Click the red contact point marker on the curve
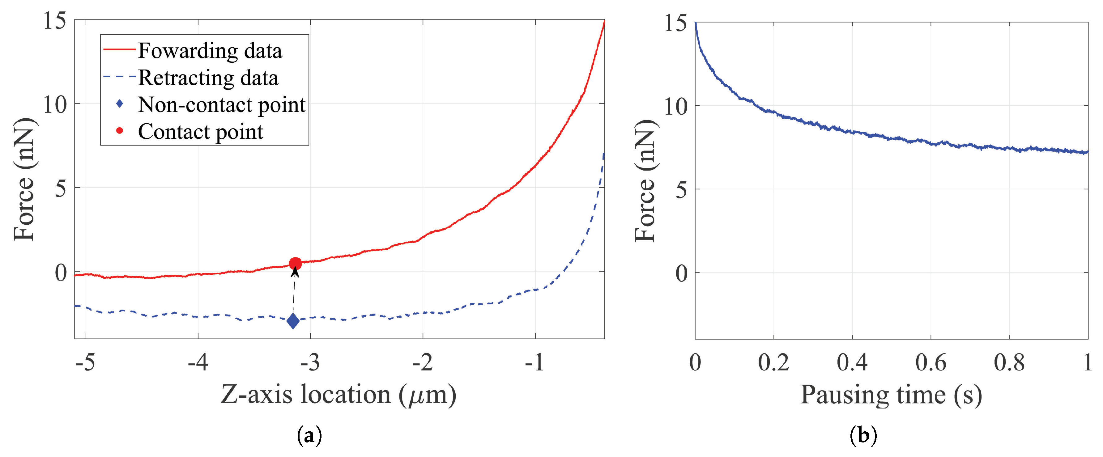[295, 264]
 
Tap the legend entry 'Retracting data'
[208, 78]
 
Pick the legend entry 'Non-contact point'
[221, 105]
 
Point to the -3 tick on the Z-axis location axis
[310, 363]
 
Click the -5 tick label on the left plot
[85, 363]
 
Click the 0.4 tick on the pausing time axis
[852, 363]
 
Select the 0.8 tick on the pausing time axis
[1009, 363]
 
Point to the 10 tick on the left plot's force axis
[55, 104]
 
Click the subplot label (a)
[309, 436]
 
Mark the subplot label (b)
[863, 436]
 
